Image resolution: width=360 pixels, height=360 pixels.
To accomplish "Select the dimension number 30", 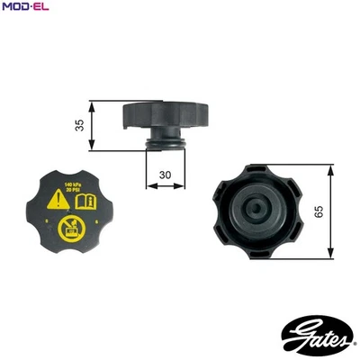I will coord(165,175).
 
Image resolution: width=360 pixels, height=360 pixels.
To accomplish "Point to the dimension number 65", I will coord(346,211).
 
